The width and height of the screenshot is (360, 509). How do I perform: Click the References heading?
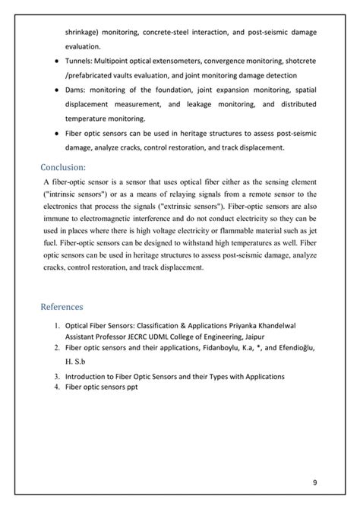[x=72, y=307]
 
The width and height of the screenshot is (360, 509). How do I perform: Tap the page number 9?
[x=315, y=482]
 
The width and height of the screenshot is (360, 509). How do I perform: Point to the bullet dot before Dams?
[x=57, y=89]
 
